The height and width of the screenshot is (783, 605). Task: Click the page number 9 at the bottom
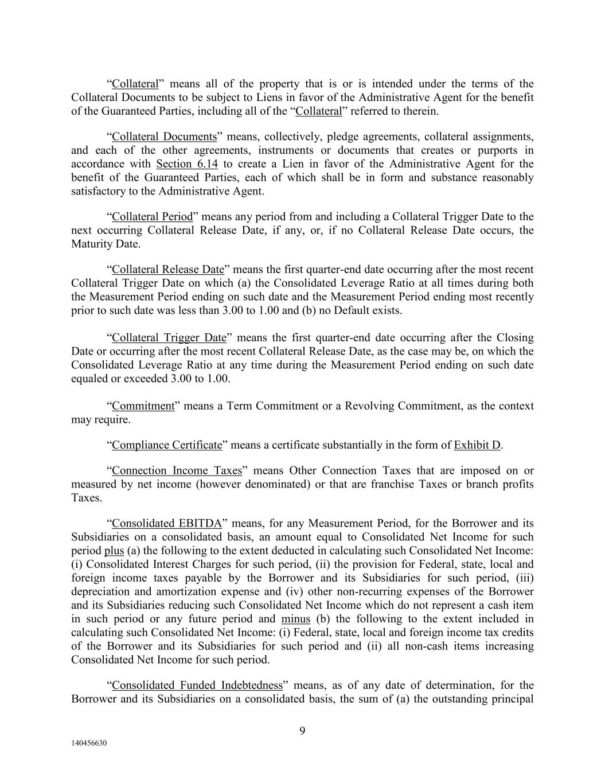302,730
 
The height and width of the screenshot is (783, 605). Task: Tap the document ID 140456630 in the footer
89,743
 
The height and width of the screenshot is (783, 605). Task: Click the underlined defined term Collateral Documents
165,137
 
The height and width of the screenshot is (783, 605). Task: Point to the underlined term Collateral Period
153,217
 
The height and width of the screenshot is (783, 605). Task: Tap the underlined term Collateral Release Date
168,270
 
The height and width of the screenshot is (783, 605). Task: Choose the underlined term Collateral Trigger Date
169,338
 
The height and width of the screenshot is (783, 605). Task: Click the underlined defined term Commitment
143,406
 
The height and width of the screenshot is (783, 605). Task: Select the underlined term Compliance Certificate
167,445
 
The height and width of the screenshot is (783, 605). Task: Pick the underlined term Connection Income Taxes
177,471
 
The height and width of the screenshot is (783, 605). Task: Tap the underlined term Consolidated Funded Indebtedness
197,685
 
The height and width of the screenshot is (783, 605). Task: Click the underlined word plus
114,551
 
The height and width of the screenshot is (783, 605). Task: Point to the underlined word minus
296,619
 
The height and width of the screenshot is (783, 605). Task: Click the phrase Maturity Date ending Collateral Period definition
106,244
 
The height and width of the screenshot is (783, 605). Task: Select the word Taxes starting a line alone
87,498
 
